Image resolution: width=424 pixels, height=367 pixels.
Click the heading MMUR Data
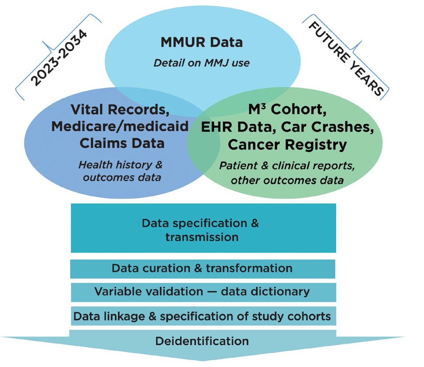point(201,42)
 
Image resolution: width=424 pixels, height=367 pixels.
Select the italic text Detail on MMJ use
point(201,63)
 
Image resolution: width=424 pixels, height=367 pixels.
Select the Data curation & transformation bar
point(202,268)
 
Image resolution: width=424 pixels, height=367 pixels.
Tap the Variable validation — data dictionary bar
point(202,291)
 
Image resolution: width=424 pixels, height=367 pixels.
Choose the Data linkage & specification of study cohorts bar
point(202,316)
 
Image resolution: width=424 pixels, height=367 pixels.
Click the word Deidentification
point(202,340)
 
